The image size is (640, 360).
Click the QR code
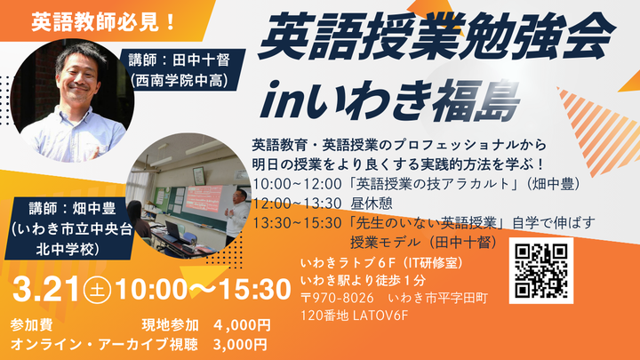click(541, 268)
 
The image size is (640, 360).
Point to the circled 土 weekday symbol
click(93, 290)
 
